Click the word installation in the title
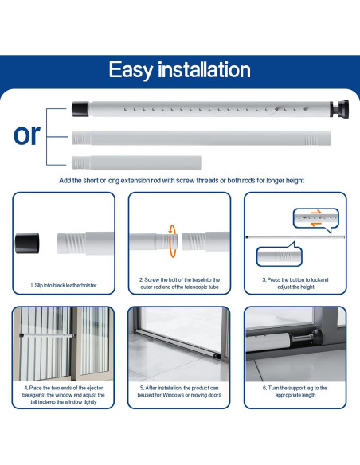208,69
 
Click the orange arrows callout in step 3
319,215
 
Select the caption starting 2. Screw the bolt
180,284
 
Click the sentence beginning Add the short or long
182,181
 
